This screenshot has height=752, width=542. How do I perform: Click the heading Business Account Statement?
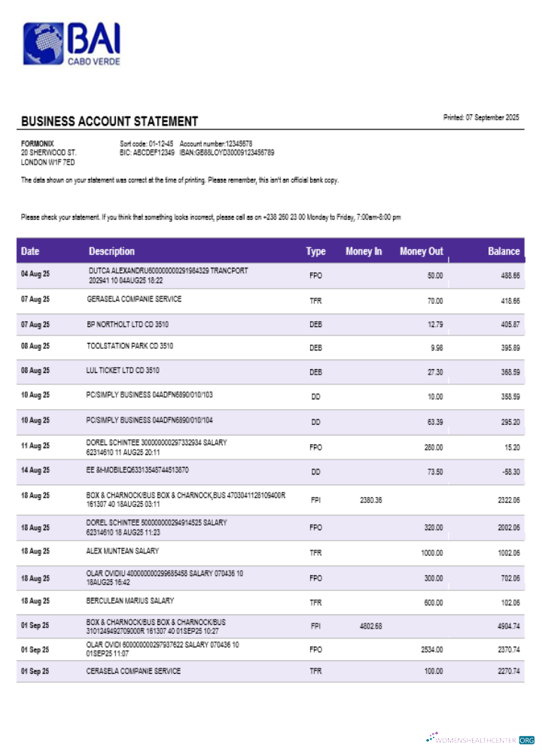(109, 121)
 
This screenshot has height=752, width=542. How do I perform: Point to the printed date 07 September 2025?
(482, 117)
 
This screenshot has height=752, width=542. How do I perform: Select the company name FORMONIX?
(38, 143)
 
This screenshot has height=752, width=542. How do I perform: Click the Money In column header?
(364, 251)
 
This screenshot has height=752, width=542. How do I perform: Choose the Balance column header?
(504, 251)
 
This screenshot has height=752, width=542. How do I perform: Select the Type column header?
(315, 251)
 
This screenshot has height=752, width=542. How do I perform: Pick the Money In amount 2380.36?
(371, 499)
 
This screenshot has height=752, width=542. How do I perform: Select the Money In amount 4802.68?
(371, 626)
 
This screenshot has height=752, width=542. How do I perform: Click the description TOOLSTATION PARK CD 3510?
(130, 346)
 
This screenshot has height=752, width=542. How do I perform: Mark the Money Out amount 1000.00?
(431, 553)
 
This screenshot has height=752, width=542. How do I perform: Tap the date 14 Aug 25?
(35, 470)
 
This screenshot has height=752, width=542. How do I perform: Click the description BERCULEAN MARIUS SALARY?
(130, 601)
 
